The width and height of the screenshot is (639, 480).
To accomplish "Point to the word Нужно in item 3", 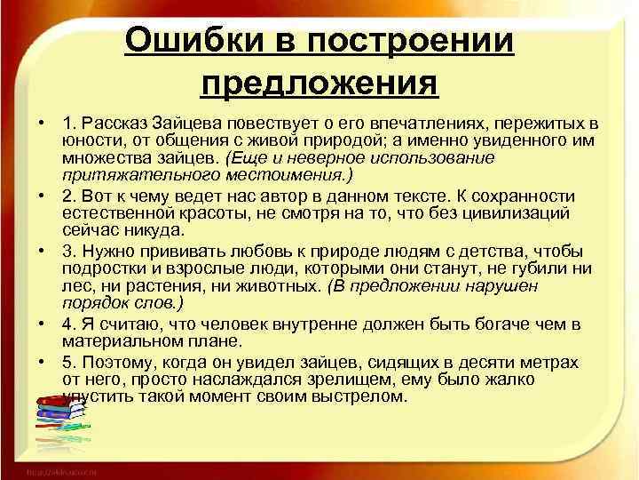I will [106, 251].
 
